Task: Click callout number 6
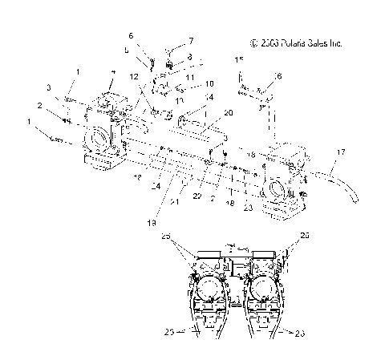[132, 37]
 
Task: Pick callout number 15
[238, 60]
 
